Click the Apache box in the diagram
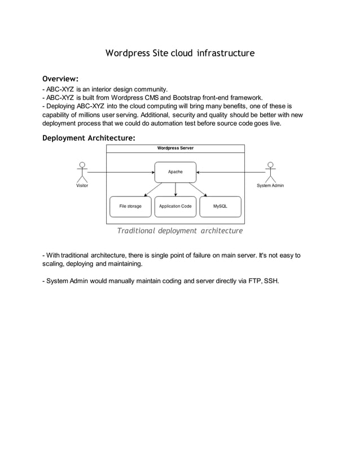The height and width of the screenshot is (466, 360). pos(175,172)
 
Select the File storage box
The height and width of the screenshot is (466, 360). pos(130,206)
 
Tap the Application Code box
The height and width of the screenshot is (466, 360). pos(175,206)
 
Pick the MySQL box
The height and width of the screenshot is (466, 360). pos(220,206)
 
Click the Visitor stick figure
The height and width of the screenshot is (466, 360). pos(82,172)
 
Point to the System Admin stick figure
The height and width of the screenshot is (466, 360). pos(270,172)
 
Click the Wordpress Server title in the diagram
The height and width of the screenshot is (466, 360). pos(175,148)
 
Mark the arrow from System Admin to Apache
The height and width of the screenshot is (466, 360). pos(231,172)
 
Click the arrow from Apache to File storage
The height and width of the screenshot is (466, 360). pos(151,189)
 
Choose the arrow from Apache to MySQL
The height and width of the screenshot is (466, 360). pos(200,189)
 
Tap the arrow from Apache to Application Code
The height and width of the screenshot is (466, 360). pos(175,190)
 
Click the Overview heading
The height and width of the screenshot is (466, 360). pos(60,78)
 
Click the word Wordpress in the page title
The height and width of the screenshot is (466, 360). pos(128,53)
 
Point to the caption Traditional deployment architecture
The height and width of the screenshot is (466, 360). pos(179,231)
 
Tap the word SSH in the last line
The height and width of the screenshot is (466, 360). pos(271,280)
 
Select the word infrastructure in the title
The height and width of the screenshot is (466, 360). pos(226,53)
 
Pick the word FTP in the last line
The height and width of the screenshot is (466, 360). pos(254,280)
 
